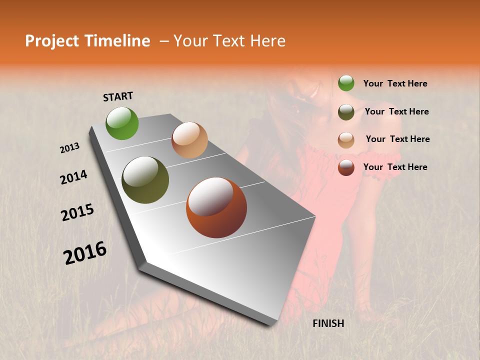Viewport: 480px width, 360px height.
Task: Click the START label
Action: point(118,96)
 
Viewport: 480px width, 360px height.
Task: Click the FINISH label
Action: point(328,323)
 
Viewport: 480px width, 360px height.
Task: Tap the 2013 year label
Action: point(70,148)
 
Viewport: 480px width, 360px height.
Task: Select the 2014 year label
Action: point(73,177)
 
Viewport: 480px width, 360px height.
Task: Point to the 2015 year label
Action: point(77,212)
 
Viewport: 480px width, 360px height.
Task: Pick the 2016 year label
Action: point(85,253)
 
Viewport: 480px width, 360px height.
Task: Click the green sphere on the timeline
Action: point(122,123)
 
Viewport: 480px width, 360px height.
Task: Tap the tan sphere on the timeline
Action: point(189,140)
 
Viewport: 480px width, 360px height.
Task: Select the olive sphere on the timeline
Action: point(145,180)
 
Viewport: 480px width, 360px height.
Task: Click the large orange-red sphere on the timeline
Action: point(216,207)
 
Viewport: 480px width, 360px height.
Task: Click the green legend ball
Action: point(346,83)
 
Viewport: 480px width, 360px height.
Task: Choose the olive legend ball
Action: point(346,112)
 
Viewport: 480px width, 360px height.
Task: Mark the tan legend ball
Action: point(346,140)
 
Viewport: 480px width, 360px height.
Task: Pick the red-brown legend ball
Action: point(346,167)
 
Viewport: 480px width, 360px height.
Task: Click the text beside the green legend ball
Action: point(395,83)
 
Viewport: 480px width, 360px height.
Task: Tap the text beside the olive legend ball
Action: point(396,111)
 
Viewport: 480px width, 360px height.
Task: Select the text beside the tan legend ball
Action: point(397,139)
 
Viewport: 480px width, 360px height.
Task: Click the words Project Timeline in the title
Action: point(87,41)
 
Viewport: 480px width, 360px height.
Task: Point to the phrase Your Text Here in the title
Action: point(229,41)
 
